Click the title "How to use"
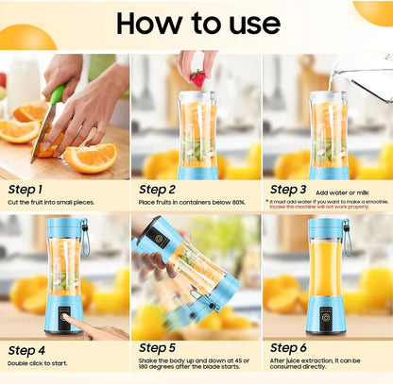pyautogui.click(x=197, y=22)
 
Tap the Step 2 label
pyautogui.click(x=158, y=189)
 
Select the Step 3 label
pyautogui.click(x=289, y=189)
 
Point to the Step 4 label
pyautogui.click(x=27, y=349)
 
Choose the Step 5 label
pyautogui.click(x=158, y=349)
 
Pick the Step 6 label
pyautogui.click(x=289, y=349)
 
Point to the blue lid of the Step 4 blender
pyautogui.click(x=64, y=228)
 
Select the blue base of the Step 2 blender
pyautogui.click(x=197, y=173)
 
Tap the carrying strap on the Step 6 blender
pyautogui.click(x=348, y=238)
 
